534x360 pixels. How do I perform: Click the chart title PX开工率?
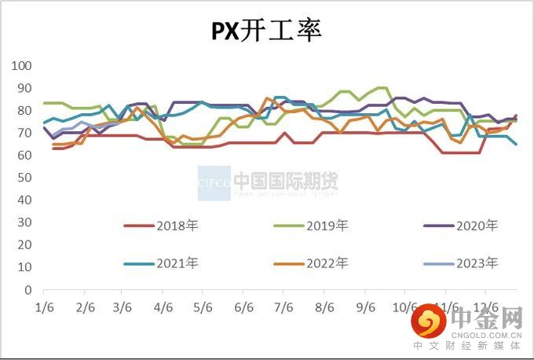tap(267, 31)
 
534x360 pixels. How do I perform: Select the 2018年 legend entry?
tap(161, 226)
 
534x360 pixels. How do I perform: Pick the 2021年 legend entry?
tap(161, 263)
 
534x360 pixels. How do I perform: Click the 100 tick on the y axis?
tap(22, 66)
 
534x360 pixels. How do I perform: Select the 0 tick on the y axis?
tap(28, 290)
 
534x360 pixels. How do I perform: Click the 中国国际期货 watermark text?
tap(287, 182)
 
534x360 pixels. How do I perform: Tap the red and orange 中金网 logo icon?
tap(429, 321)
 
